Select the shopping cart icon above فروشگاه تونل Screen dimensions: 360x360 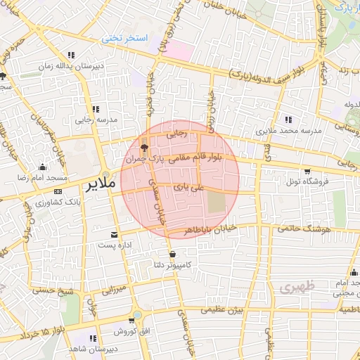[307, 171]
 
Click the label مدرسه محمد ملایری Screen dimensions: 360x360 [286, 131]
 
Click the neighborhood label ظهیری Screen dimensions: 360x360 [293, 288]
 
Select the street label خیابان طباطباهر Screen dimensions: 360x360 [208, 229]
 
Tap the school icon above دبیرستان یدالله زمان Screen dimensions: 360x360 [70, 55]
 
